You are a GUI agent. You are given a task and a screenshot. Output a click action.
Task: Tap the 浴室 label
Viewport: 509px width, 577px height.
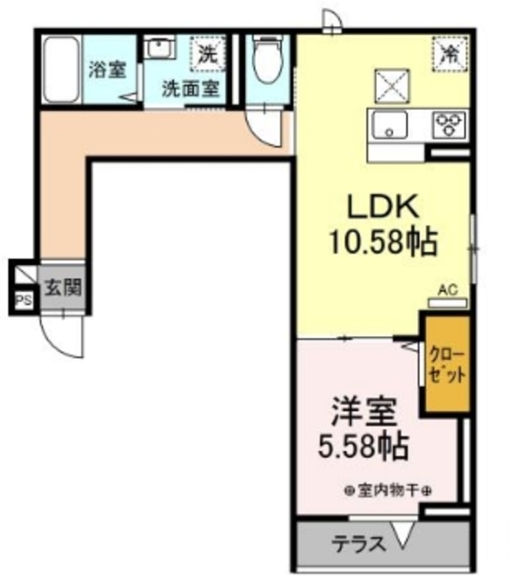(106, 70)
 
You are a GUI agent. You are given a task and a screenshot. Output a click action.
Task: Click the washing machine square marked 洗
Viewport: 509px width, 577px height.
(207, 53)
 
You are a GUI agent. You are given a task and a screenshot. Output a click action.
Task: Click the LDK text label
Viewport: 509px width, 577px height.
(381, 207)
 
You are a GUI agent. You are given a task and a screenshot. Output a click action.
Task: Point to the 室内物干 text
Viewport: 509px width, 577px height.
(386, 490)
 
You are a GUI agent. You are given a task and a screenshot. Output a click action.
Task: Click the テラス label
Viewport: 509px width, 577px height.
(359, 545)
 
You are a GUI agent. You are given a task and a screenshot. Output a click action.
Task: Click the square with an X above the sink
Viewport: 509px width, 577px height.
(392, 86)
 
